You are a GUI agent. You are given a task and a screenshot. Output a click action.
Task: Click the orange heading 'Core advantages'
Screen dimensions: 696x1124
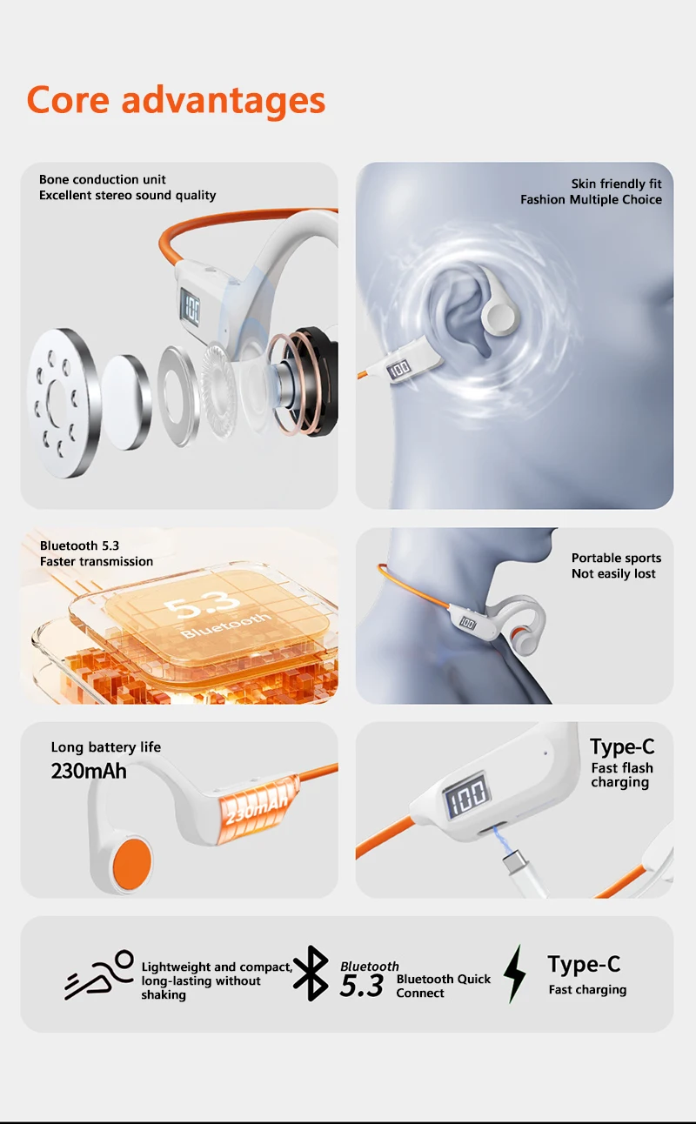tap(176, 100)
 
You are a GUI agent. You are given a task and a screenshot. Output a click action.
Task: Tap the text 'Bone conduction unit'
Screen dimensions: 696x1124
tap(103, 179)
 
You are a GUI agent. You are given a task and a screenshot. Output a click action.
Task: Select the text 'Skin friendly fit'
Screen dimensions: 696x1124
tap(616, 184)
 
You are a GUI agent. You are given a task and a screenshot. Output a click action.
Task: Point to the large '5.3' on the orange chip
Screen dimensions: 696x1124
tap(202, 602)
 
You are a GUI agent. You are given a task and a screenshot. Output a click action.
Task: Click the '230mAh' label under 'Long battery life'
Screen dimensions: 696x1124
tap(89, 771)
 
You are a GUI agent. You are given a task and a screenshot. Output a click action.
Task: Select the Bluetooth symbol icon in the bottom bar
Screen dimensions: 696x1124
tap(311, 973)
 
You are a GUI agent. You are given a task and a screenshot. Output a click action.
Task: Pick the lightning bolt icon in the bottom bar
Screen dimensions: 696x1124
tap(515, 973)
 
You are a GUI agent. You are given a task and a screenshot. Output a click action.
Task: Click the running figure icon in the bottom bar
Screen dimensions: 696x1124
tap(99, 974)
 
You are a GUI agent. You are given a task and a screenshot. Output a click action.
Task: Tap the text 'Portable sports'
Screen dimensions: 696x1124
tap(616, 558)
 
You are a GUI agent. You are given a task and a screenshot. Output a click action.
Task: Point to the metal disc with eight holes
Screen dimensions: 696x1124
tap(63, 403)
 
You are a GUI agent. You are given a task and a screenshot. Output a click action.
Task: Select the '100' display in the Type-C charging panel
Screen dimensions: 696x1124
tap(467, 795)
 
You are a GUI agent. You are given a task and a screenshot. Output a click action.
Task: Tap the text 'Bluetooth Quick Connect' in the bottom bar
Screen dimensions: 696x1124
tap(444, 986)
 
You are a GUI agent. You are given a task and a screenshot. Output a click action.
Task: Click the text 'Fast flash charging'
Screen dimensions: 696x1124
tap(622, 775)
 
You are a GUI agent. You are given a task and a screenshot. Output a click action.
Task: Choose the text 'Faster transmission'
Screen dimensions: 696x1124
tap(97, 561)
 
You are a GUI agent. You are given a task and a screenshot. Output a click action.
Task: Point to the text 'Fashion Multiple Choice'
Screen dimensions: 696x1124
tap(591, 200)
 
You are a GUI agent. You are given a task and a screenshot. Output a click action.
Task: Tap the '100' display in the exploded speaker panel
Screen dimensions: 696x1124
tap(191, 308)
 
